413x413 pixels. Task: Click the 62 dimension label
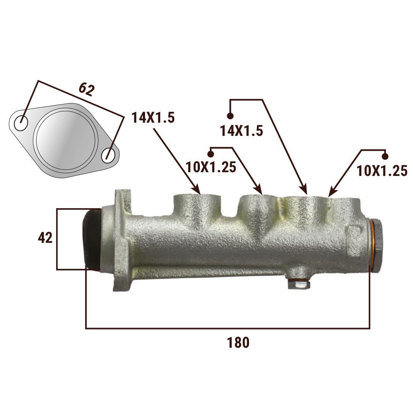(x=86, y=90)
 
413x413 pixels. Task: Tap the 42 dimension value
(x=45, y=238)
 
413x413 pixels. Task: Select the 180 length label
(x=238, y=343)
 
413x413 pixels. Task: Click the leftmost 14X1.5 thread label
(x=153, y=117)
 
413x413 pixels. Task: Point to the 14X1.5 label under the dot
(x=242, y=131)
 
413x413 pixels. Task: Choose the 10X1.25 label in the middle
(x=211, y=167)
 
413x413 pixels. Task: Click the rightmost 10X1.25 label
(x=382, y=171)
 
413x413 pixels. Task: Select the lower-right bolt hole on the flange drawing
(x=109, y=155)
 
